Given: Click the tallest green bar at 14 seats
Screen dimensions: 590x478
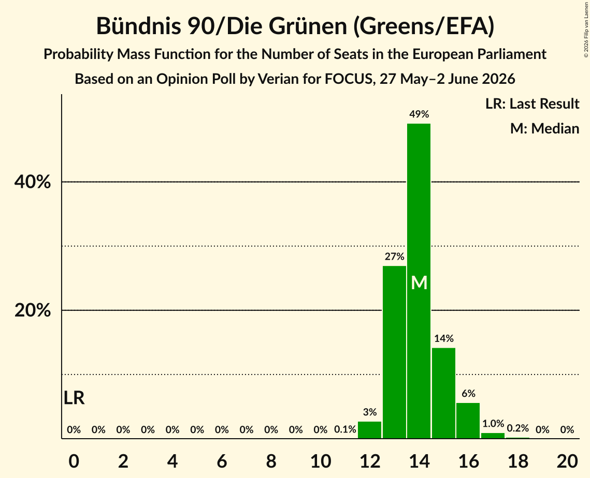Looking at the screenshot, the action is [419, 281].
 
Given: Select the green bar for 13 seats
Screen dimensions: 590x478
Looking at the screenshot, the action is [394, 352].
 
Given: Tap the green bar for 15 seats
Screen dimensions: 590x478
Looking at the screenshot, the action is [443, 393].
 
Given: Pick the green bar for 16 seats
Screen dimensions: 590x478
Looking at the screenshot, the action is [468, 421].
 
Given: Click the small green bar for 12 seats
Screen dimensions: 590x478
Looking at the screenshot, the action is [369, 430].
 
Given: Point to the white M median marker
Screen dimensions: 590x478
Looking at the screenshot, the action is [419, 283].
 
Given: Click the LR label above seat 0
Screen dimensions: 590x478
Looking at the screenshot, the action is [74, 398].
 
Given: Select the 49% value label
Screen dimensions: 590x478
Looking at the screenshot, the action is [419, 114].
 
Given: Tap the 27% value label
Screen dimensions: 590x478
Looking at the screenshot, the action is [394, 257].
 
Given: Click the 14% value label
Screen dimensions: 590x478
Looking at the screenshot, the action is [444, 338].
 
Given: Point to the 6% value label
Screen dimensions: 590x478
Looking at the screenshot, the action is [468, 394].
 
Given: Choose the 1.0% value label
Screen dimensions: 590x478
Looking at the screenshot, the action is [493, 424].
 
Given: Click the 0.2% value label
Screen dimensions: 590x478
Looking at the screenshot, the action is [518, 428].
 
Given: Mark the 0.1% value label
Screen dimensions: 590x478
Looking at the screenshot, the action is [345, 429].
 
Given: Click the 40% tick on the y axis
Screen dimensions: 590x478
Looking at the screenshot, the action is [33, 182].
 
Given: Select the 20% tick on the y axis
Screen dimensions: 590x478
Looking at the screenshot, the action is [33, 310].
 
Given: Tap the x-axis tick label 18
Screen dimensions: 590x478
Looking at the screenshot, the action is [518, 461].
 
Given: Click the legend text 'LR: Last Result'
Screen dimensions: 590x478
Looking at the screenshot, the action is [532, 103].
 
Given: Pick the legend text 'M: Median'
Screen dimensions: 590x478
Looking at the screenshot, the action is [544, 128].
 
